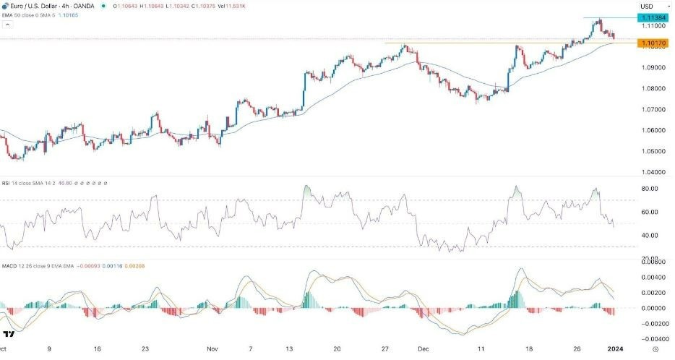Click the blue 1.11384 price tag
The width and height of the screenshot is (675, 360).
click(653, 17)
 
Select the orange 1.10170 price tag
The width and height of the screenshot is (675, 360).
click(653, 43)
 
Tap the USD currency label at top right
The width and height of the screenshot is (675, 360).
click(646, 7)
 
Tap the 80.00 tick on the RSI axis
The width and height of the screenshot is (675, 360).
click(648, 189)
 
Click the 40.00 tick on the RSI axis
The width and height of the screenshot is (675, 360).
click(648, 236)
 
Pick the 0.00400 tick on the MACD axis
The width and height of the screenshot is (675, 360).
click(650, 278)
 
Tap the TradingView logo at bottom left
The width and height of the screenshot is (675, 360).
click(9, 334)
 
